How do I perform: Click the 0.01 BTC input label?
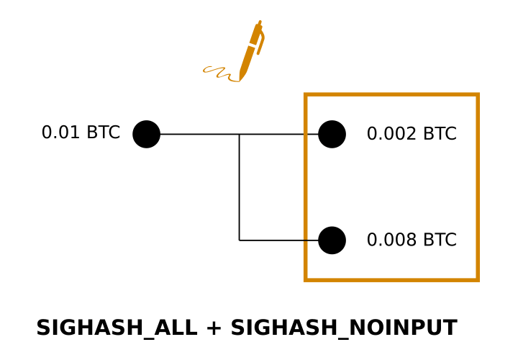click(81, 133)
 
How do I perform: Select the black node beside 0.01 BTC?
click(146, 134)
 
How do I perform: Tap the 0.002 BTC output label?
click(411, 135)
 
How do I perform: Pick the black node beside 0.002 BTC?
click(332, 134)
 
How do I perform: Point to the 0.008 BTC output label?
click(411, 240)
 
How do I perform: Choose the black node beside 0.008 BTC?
click(332, 240)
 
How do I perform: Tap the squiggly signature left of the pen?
click(219, 72)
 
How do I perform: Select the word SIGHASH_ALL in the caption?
click(116, 328)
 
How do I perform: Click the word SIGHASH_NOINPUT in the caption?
click(343, 328)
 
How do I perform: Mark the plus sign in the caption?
click(214, 329)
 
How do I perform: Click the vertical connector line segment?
click(240, 187)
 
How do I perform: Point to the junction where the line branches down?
click(240, 134)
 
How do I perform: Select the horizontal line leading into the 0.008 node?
click(279, 240)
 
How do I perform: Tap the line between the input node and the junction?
click(199, 134)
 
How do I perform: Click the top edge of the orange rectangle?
click(391, 94)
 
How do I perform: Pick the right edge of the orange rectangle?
click(477, 187)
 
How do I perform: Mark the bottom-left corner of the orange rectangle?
click(306, 279)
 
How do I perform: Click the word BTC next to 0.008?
click(440, 240)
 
